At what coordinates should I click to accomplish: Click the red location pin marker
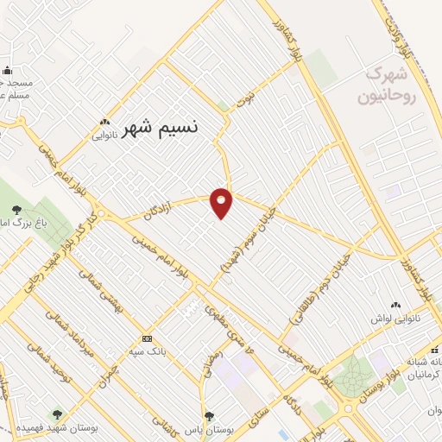(x=222, y=202)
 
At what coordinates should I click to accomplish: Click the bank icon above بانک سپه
(x=147, y=338)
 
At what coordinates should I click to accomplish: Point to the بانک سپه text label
(x=147, y=352)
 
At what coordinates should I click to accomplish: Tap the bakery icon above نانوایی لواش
(x=396, y=304)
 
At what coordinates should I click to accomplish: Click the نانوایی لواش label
(x=396, y=319)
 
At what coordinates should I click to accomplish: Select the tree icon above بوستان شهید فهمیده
(x=57, y=415)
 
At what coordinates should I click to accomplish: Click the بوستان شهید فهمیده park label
(x=57, y=429)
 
